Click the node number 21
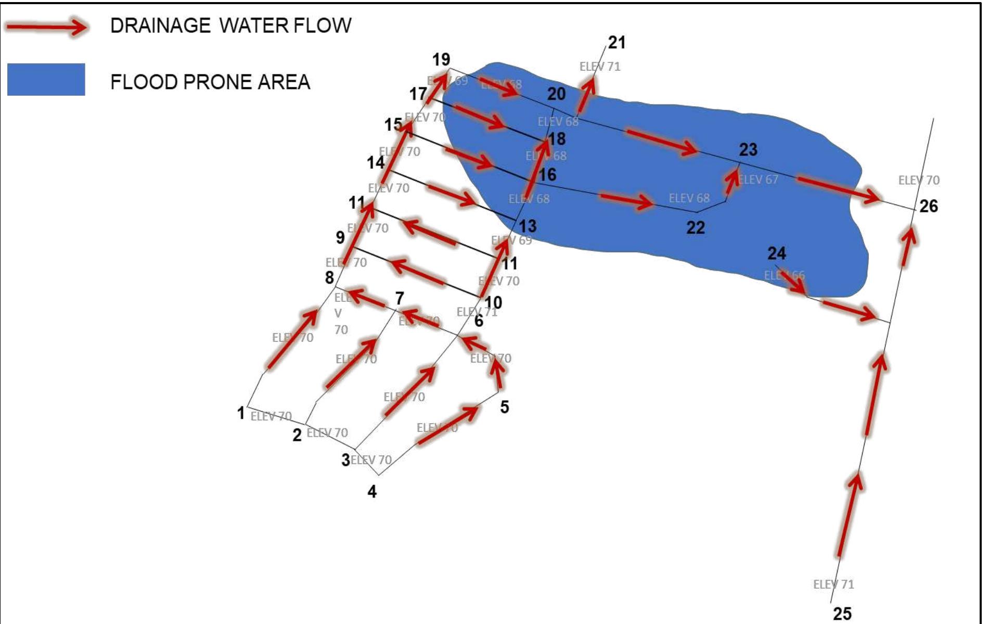point(616,42)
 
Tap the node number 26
point(928,207)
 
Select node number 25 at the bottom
point(842,613)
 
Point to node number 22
point(696,227)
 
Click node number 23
point(748,150)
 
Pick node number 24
point(776,253)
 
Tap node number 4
point(372,491)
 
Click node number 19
point(441,59)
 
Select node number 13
point(528,226)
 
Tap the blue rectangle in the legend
point(46,80)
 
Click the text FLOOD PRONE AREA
point(210,82)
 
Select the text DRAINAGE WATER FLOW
point(230,26)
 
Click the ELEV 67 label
point(759,180)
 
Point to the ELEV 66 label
point(784,275)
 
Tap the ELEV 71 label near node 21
point(599,67)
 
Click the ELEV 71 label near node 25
point(833,584)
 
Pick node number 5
point(504,407)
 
